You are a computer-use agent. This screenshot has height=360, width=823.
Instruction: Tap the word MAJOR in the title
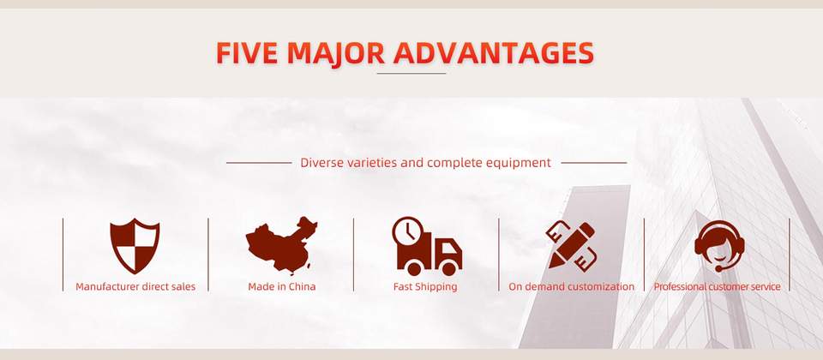(x=335, y=53)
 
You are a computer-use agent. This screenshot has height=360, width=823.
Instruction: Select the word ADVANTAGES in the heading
(x=494, y=53)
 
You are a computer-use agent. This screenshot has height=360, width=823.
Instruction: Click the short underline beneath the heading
(x=411, y=74)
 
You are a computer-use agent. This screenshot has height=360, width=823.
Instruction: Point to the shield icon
(x=135, y=246)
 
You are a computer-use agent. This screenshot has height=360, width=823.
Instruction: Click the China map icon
(x=282, y=245)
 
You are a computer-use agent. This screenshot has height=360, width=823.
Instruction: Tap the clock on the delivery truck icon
(x=408, y=232)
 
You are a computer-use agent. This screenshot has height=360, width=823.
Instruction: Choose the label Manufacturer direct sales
(x=135, y=286)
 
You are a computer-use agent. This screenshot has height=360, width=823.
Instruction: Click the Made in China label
(x=282, y=286)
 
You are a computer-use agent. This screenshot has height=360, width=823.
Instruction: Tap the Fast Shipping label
(x=425, y=287)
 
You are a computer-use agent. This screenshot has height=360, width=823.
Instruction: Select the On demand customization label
(x=572, y=286)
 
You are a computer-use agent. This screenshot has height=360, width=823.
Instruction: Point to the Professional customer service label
(x=717, y=286)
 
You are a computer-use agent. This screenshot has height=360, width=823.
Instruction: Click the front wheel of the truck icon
(x=449, y=268)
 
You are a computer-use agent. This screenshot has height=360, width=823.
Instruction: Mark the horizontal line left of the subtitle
(x=259, y=163)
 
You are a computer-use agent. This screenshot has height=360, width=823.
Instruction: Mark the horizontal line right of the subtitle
(x=593, y=163)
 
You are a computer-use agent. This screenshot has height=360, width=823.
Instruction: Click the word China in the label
(x=302, y=286)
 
